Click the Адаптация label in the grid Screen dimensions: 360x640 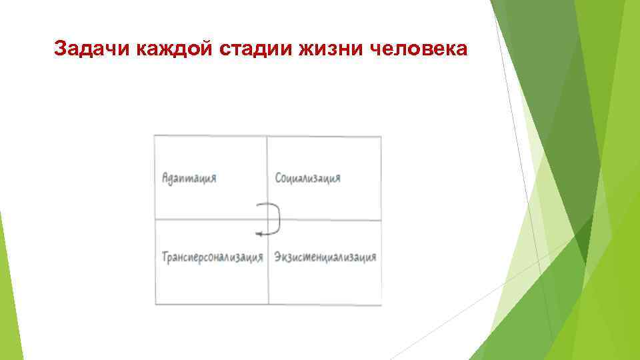[x=189, y=179]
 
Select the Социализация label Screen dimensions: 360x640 [x=308, y=179]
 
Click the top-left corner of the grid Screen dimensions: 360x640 [x=155, y=136]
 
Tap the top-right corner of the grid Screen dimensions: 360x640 [x=381, y=137]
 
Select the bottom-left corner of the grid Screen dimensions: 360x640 [x=155, y=305]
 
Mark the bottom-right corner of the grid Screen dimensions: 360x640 [x=381, y=305]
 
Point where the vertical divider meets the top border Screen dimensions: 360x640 [x=267, y=137]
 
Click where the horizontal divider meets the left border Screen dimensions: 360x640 [x=155, y=220]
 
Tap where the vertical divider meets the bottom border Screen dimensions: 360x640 [x=268, y=305]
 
